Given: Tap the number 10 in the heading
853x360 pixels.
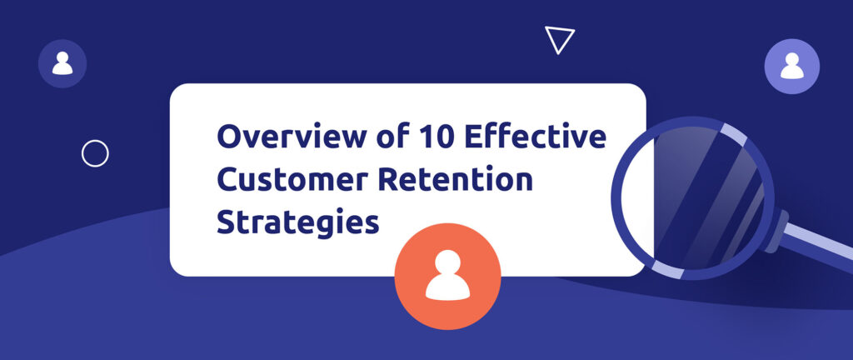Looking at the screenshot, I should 428,137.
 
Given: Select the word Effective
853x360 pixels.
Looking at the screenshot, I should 535,137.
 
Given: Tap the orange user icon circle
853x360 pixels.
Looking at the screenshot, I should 447,277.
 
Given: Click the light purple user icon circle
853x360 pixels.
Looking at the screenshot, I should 791,66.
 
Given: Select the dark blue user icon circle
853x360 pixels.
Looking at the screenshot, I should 62,63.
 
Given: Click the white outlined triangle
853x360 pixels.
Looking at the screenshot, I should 559,39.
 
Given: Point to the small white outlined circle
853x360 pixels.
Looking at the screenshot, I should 95,153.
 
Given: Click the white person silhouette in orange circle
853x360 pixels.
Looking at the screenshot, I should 447,275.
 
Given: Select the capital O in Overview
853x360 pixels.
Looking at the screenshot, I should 227,137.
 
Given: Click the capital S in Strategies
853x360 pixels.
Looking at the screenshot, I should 226,222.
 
